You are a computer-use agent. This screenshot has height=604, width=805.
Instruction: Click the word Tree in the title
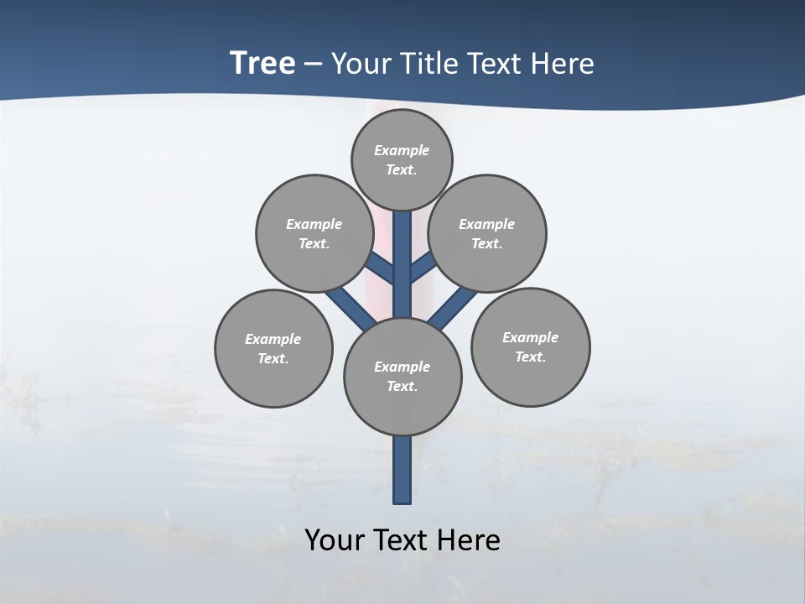pos(262,63)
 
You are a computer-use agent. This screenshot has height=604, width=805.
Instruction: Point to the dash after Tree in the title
pos(314,64)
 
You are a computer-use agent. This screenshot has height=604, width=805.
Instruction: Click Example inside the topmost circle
pos(402,150)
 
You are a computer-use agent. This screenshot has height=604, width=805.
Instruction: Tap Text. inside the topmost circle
pos(402,169)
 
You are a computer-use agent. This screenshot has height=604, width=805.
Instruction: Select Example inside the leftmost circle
pos(273,339)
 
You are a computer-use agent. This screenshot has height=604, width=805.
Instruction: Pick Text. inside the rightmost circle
pos(530,357)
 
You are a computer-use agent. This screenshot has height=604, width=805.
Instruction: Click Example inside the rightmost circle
pos(530,337)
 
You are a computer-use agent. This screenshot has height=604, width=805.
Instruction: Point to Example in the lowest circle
pos(402,367)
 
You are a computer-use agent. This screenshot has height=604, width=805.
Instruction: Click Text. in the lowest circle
pos(402,386)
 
